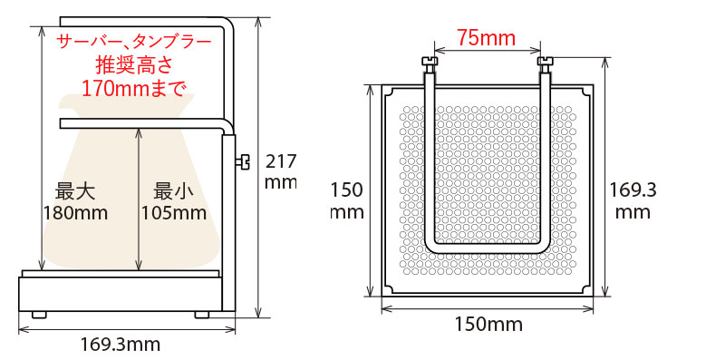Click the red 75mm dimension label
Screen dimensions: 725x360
[487, 37]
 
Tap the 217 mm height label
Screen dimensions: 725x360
[280, 171]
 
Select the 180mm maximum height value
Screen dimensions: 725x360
[75, 213]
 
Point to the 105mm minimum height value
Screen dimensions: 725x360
[174, 213]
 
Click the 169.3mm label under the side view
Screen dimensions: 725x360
[121, 345]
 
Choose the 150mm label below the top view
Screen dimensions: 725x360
[488, 325]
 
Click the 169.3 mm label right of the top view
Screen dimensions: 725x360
[629, 200]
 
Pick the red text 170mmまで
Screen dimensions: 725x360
[134, 88]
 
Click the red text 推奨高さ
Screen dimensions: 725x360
[134, 65]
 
